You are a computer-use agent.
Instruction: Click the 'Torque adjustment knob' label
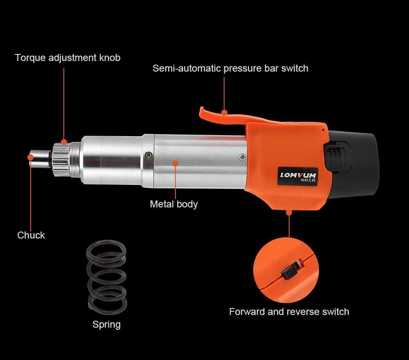pyautogui.click(x=67, y=58)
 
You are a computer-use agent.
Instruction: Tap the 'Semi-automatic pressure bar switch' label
pyautogui.click(x=230, y=68)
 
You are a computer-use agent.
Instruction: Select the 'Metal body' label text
pyautogui.click(x=174, y=204)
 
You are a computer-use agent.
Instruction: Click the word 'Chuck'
pyautogui.click(x=31, y=235)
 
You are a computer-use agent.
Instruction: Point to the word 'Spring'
pyautogui.click(x=106, y=324)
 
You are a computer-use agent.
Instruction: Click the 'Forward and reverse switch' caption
pyautogui.click(x=289, y=312)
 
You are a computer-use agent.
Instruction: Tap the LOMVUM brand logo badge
pyautogui.click(x=298, y=176)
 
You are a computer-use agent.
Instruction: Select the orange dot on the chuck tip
pyautogui.click(x=31, y=157)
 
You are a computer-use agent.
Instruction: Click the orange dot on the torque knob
pyautogui.click(x=64, y=142)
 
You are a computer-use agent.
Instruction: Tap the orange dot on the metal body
pyautogui.click(x=175, y=163)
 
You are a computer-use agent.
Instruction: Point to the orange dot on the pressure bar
pyautogui.click(x=224, y=112)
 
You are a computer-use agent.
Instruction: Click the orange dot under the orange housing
pyautogui.click(x=289, y=213)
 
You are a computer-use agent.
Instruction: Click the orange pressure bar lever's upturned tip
pyautogui.click(x=202, y=111)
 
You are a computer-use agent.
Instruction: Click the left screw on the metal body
pyautogui.click(x=149, y=155)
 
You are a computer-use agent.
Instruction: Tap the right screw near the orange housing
pyautogui.click(x=242, y=157)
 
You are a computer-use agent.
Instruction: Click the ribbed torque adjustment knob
pyautogui.click(x=62, y=160)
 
